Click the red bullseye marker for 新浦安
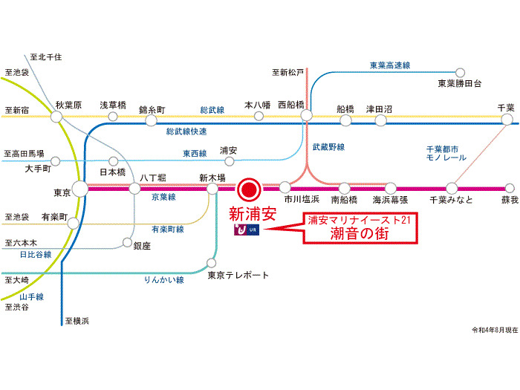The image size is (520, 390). pyautogui.click(x=249, y=189)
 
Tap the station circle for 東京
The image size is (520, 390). pyautogui.click(x=80, y=189)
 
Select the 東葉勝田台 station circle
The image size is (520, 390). pyautogui.click(x=460, y=72)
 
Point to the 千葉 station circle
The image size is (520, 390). pyautogui.click(x=507, y=119)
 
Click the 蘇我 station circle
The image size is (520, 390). pyautogui.click(x=510, y=188)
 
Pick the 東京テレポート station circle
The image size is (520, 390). pyautogui.click(x=211, y=263)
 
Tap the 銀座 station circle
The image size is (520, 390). pyautogui.click(x=127, y=242)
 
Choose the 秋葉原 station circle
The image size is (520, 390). pyautogui.click(x=56, y=117)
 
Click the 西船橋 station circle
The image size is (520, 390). pyautogui.click(x=306, y=115)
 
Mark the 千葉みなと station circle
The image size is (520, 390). pyautogui.click(x=452, y=188)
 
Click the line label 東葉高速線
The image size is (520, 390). pyautogui.click(x=390, y=65)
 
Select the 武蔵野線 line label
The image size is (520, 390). pyautogui.click(x=328, y=147)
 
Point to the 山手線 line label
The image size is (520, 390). pyautogui.click(x=32, y=297)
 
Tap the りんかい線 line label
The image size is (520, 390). pyautogui.click(x=164, y=280)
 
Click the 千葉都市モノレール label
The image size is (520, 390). pyautogui.click(x=446, y=153)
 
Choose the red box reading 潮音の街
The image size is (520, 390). pyautogui.click(x=360, y=229)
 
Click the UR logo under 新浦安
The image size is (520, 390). pyautogui.click(x=247, y=230)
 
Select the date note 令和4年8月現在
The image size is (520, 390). pyautogui.click(x=495, y=330)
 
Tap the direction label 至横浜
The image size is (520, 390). pyautogui.click(x=77, y=321)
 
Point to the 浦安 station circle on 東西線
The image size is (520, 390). pyautogui.click(x=229, y=161)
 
